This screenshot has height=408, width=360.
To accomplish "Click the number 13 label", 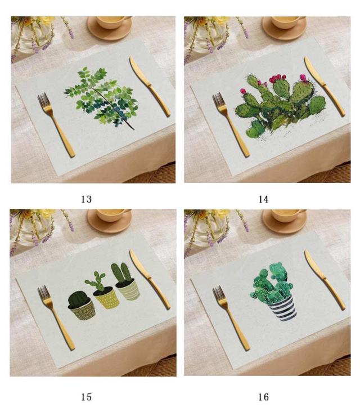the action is [86, 199].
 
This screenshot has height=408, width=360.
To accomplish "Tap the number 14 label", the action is [263, 199].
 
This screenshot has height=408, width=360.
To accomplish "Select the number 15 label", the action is [86, 397].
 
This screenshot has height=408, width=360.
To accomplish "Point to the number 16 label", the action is [263, 397].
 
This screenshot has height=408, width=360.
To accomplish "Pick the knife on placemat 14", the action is [325, 87].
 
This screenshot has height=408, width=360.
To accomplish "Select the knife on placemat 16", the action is [325, 280].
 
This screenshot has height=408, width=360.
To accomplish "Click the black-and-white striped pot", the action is [282, 308].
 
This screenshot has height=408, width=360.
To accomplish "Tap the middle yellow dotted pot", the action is [107, 298].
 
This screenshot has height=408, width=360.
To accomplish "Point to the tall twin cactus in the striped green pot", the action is [121, 273].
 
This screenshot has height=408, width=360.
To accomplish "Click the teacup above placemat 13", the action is [114, 22].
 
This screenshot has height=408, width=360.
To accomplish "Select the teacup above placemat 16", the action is [288, 215].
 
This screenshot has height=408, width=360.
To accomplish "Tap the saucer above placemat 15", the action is [109, 221].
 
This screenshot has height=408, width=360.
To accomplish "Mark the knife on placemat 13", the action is [150, 87].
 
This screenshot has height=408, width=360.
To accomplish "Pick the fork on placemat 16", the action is [231, 317].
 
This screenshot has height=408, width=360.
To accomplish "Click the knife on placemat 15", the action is [150, 280].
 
